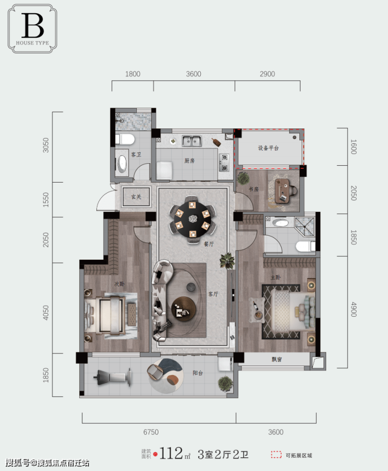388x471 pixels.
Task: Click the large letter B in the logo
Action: point(33,26)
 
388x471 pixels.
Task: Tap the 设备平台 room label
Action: point(268,148)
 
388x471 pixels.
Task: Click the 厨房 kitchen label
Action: point(189,161)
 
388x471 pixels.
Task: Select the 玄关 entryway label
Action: point(136,197)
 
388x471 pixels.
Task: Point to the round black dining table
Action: point(192,219)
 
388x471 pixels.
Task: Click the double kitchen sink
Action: point(191,141)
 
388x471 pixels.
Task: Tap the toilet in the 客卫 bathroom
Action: point(125,140)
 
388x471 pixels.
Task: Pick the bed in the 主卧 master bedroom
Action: point(290,311)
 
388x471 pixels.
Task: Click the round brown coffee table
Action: point(184,309)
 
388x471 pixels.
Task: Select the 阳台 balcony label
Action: point(198,373)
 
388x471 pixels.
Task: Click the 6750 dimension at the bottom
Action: point(151,432)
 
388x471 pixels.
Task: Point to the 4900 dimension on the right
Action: point(354,309)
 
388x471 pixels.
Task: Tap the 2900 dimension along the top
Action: point(267,74)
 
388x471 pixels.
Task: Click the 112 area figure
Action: point(171,453)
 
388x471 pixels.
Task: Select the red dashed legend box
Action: point(276,455)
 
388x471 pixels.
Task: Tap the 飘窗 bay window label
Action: point(277,359)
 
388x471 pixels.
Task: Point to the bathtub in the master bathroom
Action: point(281,223)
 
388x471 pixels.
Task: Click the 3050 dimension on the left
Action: point(46,145)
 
